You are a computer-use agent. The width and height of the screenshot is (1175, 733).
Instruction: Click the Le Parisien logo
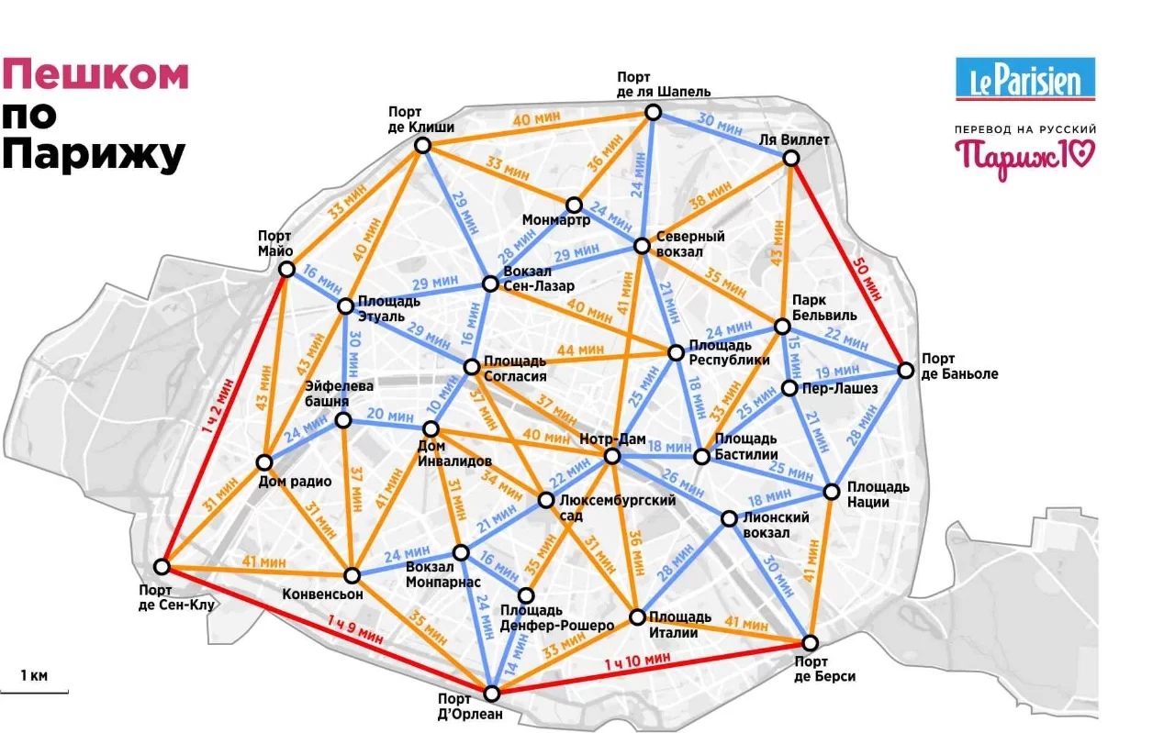(x=1025, y=78)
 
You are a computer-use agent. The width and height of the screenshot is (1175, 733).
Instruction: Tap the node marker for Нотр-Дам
(x=612, y=456)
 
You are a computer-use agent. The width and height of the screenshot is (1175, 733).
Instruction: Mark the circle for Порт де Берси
(x=811, y=641)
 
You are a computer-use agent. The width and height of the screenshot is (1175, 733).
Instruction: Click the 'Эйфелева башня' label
(x=339, y=394)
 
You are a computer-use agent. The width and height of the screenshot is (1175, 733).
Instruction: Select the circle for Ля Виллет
(x=790, y=158)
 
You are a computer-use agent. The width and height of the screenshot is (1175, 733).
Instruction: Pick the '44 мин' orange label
(x=579, y=350)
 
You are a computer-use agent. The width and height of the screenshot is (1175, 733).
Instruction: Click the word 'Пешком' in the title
(x=95, y=74)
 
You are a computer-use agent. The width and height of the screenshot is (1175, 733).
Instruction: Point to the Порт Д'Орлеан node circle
(x=492, y=693)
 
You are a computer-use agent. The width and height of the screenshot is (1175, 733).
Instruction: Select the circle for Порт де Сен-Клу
(x=162, y=566)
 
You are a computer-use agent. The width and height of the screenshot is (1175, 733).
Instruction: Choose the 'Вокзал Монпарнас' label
(x=442, y=574)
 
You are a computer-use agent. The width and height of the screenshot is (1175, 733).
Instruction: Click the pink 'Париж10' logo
(x=1025, y=153)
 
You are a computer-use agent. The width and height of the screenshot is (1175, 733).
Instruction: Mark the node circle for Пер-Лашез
(x=789, y=388)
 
